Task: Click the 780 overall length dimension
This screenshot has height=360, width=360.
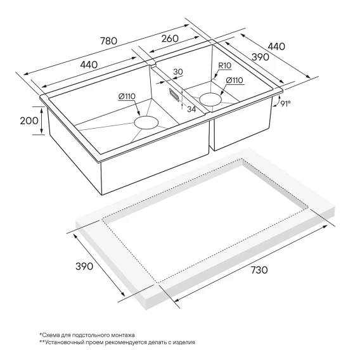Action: (109, 41)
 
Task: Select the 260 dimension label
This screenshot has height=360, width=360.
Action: (170, 38)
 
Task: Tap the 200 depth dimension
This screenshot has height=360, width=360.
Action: (29, 120)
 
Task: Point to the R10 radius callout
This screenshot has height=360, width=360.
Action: (225, 66)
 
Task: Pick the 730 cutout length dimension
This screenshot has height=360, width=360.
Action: (259, 270)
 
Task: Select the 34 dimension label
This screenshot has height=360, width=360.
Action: (191, 109)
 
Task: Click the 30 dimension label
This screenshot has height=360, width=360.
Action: (178, 72)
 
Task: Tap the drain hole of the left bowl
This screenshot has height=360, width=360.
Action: (146, 122)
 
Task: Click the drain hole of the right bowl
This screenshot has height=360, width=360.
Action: (210, 99)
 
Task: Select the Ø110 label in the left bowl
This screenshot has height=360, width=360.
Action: (127, 96)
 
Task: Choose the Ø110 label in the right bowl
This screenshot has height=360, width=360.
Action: (235, 80)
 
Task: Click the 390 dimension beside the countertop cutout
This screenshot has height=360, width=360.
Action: (84, 266)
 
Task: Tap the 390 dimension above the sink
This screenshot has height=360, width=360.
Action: (260, 56)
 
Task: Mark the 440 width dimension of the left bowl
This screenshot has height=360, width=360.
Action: (89, 65)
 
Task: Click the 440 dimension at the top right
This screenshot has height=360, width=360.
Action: (276, 46)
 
